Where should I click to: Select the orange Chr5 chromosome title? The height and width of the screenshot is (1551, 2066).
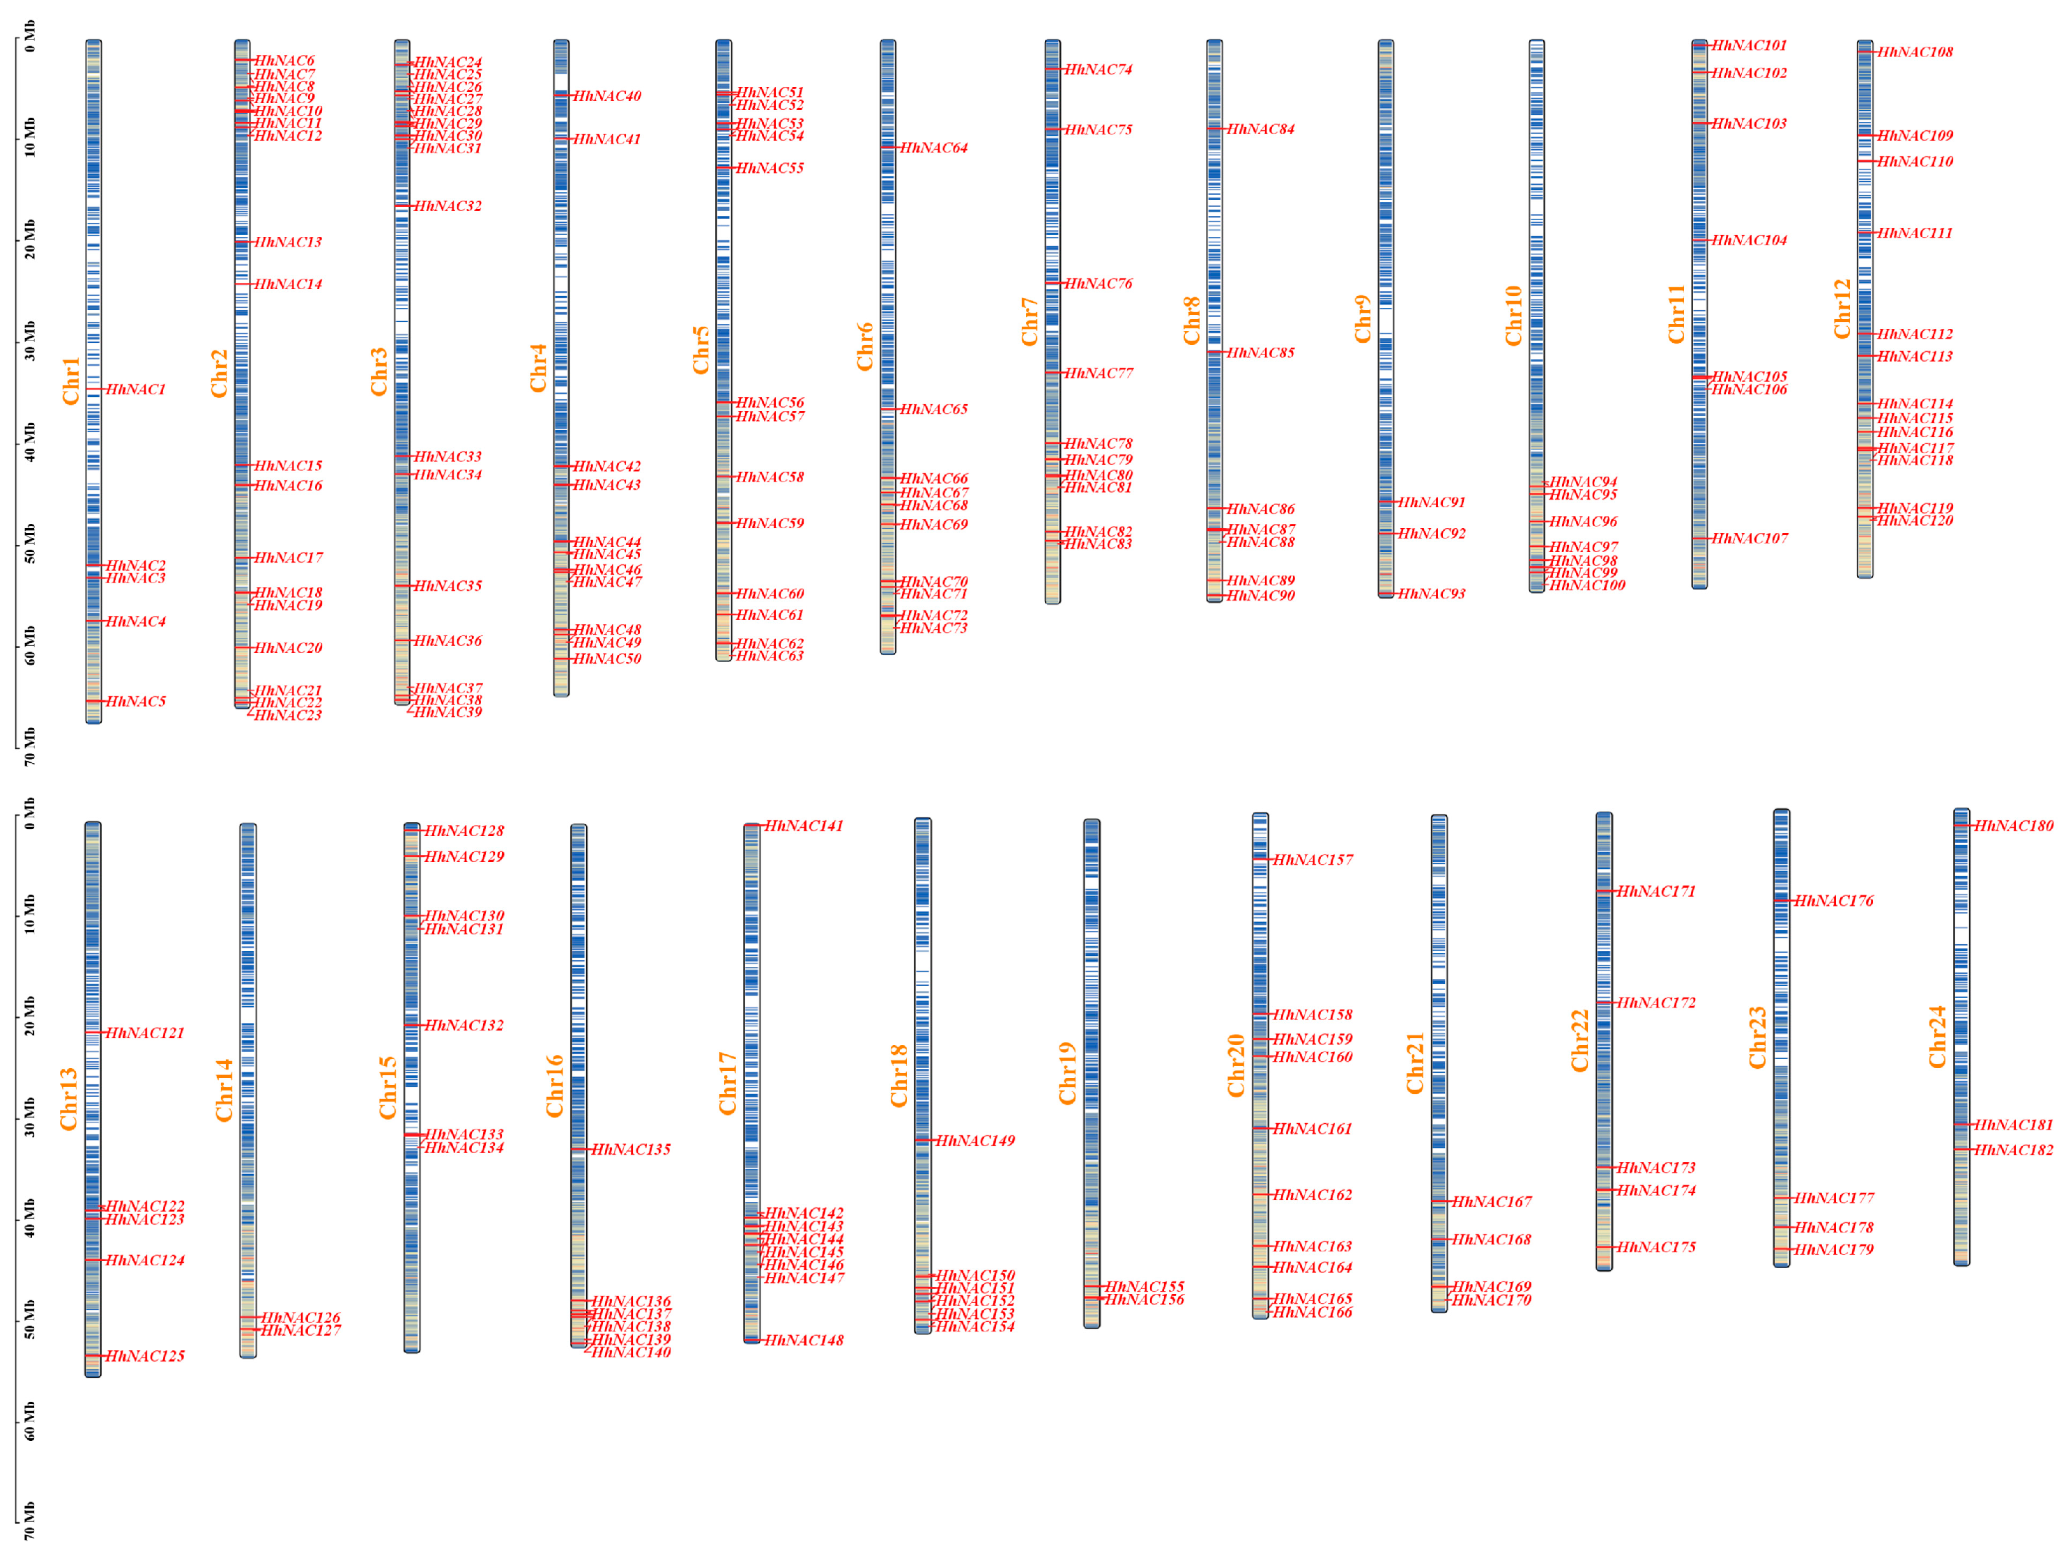[x=701, y=350]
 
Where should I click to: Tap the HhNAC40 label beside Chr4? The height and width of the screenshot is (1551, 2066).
[x=607, y=96]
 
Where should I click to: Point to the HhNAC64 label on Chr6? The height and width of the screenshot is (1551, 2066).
[x=933, y=148]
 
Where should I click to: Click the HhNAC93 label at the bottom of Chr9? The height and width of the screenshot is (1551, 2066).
[x=1432, y=594]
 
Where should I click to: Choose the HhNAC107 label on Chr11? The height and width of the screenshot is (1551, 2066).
[x=1750, y=539]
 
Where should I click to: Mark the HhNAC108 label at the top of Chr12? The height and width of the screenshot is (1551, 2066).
[x=1915, y=52]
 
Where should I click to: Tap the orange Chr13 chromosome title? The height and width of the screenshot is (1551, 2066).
[x=69, y=1099]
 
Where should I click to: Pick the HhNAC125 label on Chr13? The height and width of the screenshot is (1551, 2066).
[x=145, y=1356]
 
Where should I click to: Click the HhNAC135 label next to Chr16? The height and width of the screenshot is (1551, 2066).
[x=630, y=1150]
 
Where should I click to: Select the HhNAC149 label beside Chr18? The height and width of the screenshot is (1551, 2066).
[x=974, y=1141]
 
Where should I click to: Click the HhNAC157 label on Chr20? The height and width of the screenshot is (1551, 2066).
[x=1313, y=860]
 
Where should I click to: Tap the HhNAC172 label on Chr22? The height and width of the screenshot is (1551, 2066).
[x=1656, y=1003]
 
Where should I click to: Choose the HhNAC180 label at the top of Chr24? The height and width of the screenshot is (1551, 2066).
[x=2013, y=826]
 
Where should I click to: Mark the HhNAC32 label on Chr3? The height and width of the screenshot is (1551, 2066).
[x=447, y=206]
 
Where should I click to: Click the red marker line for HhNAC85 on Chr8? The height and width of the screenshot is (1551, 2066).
[x=1214, y=352]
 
